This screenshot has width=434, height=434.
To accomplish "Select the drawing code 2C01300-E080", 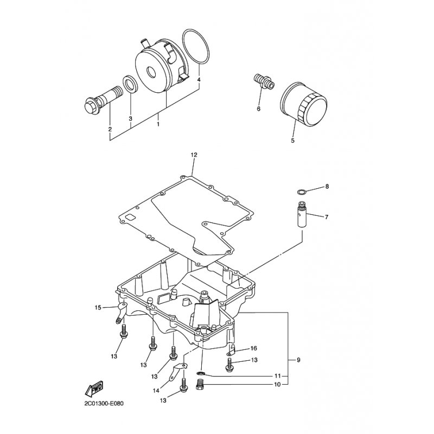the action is pos(104,404).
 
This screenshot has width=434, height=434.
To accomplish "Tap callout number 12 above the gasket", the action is pos(194,155).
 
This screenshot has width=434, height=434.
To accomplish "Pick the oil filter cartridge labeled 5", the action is pos(304,103).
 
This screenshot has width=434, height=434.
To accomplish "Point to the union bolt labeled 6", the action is pos(264,80).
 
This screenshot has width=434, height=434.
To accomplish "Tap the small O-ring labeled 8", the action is pos(301,192).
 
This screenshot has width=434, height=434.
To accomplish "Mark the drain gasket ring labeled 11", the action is pos(201,374).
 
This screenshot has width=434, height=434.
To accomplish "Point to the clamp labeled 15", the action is pos(120,313).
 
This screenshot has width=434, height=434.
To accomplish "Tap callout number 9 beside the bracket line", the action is pos(298,360).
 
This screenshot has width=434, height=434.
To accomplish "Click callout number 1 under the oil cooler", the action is pos(158,124).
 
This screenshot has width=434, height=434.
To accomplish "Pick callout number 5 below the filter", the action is pos(292,141).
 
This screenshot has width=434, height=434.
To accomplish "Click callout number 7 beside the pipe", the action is pos(327,218).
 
